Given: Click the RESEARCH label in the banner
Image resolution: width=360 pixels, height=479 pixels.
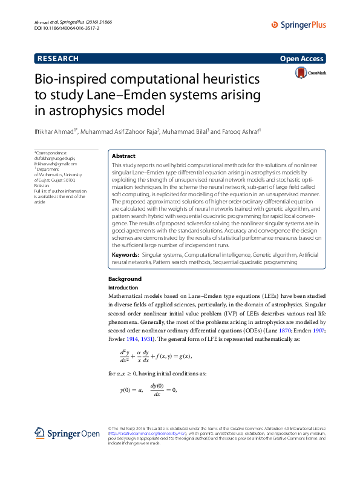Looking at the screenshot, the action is (x=58, y=59).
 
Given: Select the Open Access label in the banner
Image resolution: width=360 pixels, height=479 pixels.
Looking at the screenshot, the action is (x=301, y=59).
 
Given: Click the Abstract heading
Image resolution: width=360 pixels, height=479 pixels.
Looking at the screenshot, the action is (x=124, y=156).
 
